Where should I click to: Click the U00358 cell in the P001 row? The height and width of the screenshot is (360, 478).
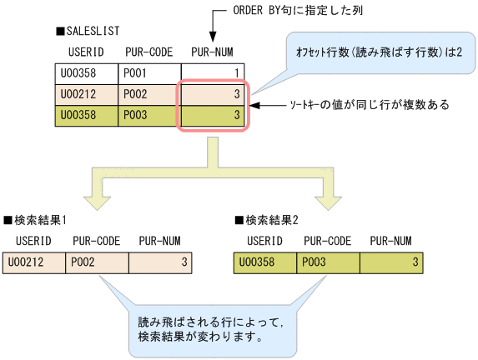coord(86,73)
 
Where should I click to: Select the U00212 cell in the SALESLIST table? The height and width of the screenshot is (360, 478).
coord(86,94)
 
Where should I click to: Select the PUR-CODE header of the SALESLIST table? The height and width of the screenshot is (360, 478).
coord(148,52)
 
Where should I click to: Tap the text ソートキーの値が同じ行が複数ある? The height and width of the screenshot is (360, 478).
coord(369,105)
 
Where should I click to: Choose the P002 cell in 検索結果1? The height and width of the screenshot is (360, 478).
coord(98,263)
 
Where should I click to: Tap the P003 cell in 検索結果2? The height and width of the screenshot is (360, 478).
coord(329,263)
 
